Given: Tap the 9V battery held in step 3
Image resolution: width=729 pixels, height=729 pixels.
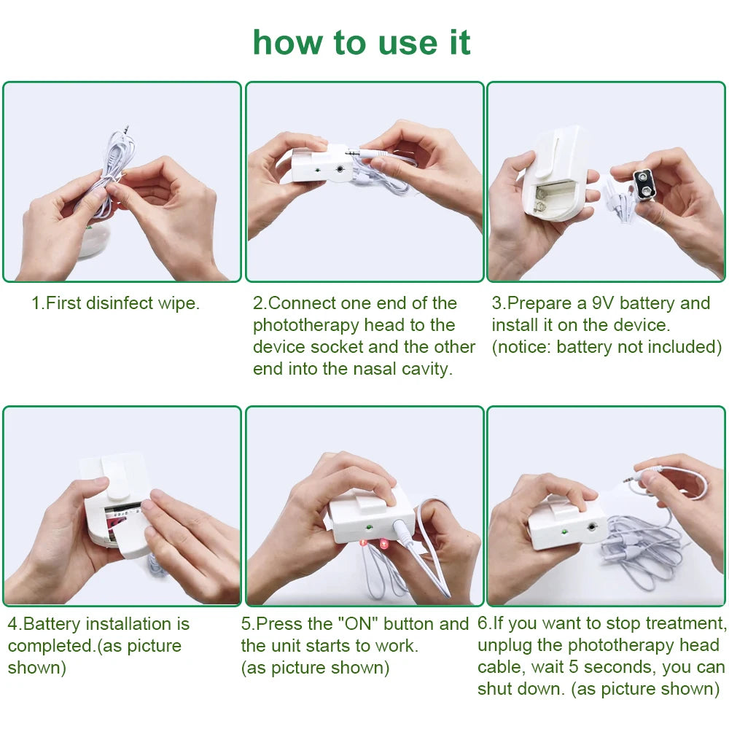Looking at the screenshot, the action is (x=645, y=185).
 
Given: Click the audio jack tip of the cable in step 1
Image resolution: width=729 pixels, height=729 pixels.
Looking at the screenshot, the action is (x=126, y=128).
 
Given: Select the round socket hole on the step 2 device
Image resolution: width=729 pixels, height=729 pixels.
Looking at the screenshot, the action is (x=340, y=169).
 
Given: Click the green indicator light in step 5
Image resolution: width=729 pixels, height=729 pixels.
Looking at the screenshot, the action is (x=370, y=528).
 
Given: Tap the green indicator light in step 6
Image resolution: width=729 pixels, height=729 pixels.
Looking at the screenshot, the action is (x=564, y=531).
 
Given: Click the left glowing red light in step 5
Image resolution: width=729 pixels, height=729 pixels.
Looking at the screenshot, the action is (x=364, y=542).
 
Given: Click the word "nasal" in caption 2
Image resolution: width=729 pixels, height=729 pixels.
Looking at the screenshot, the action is (x=375, y=369).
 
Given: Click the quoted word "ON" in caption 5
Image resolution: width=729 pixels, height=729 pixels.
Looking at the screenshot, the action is (x=357, y=624).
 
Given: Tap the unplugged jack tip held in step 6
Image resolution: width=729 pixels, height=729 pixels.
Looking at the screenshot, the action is (x=628, y=480).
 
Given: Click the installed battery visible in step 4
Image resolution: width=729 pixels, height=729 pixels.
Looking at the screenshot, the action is (x=122, y=515).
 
